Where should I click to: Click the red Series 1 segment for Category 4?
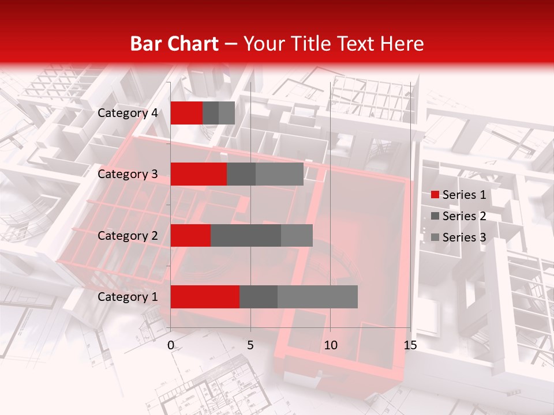[x=186, y=113]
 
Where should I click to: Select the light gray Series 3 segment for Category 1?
[x=317, y=297]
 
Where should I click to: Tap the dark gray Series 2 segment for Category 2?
[x=246, y=236]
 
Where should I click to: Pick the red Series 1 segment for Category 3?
[x=199, y=174]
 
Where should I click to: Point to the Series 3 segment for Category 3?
[x=279, y=174]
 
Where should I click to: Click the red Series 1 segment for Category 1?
[x=205, y=297]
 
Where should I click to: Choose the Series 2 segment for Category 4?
[x=211, y=113]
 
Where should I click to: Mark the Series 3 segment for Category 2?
[x=297, y=236]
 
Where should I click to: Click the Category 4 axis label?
[x=128, y=113]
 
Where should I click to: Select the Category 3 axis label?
[x=128, y=174]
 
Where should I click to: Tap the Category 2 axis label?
[x=128, y=236]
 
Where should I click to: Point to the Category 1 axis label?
[x=128, y=297]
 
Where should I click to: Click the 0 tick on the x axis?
[x=171, y=345]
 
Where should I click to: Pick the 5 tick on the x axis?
[x=250, y=345]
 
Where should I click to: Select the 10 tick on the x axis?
[x=330, y=345]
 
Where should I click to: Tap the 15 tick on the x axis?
[x=410, y=345]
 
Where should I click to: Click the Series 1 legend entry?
[x=458, y=195]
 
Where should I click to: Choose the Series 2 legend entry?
[x=458, y=216]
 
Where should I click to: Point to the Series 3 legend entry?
[x=458, y=237]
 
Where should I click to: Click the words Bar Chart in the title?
[x=174, y=44]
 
